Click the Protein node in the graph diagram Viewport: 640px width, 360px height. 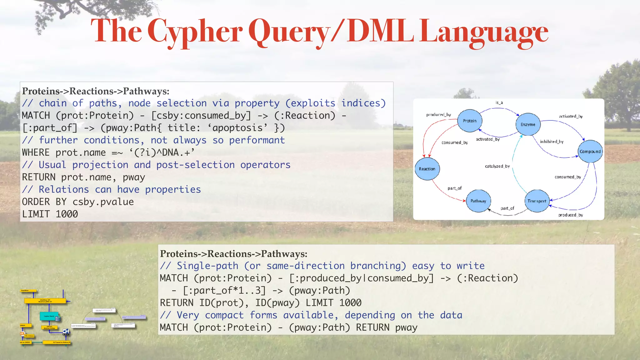tap(469, 121)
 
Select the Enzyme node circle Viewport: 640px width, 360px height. tap(528, 124)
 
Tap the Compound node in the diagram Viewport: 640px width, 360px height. tap(590, 152)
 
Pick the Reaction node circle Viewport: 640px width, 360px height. tap(427, 169)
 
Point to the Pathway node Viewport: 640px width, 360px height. tap(478, 201)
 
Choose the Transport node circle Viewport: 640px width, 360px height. tap(537, 201)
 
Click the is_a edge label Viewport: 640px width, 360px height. tap(499, 102)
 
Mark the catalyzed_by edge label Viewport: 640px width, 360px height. tap(497, 166)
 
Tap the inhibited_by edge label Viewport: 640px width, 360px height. tap(552, 142)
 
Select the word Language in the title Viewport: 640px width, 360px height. tap(483, 31)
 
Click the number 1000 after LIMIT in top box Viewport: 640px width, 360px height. tap(67, 214)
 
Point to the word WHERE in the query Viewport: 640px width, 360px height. tap(36, 152)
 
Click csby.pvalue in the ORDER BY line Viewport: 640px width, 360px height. tap(103, 202)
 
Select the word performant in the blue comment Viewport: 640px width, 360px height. tap(257, 140)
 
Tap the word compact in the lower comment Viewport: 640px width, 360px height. tap(224, 315)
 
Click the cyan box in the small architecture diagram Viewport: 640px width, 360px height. tap(49, 316)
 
